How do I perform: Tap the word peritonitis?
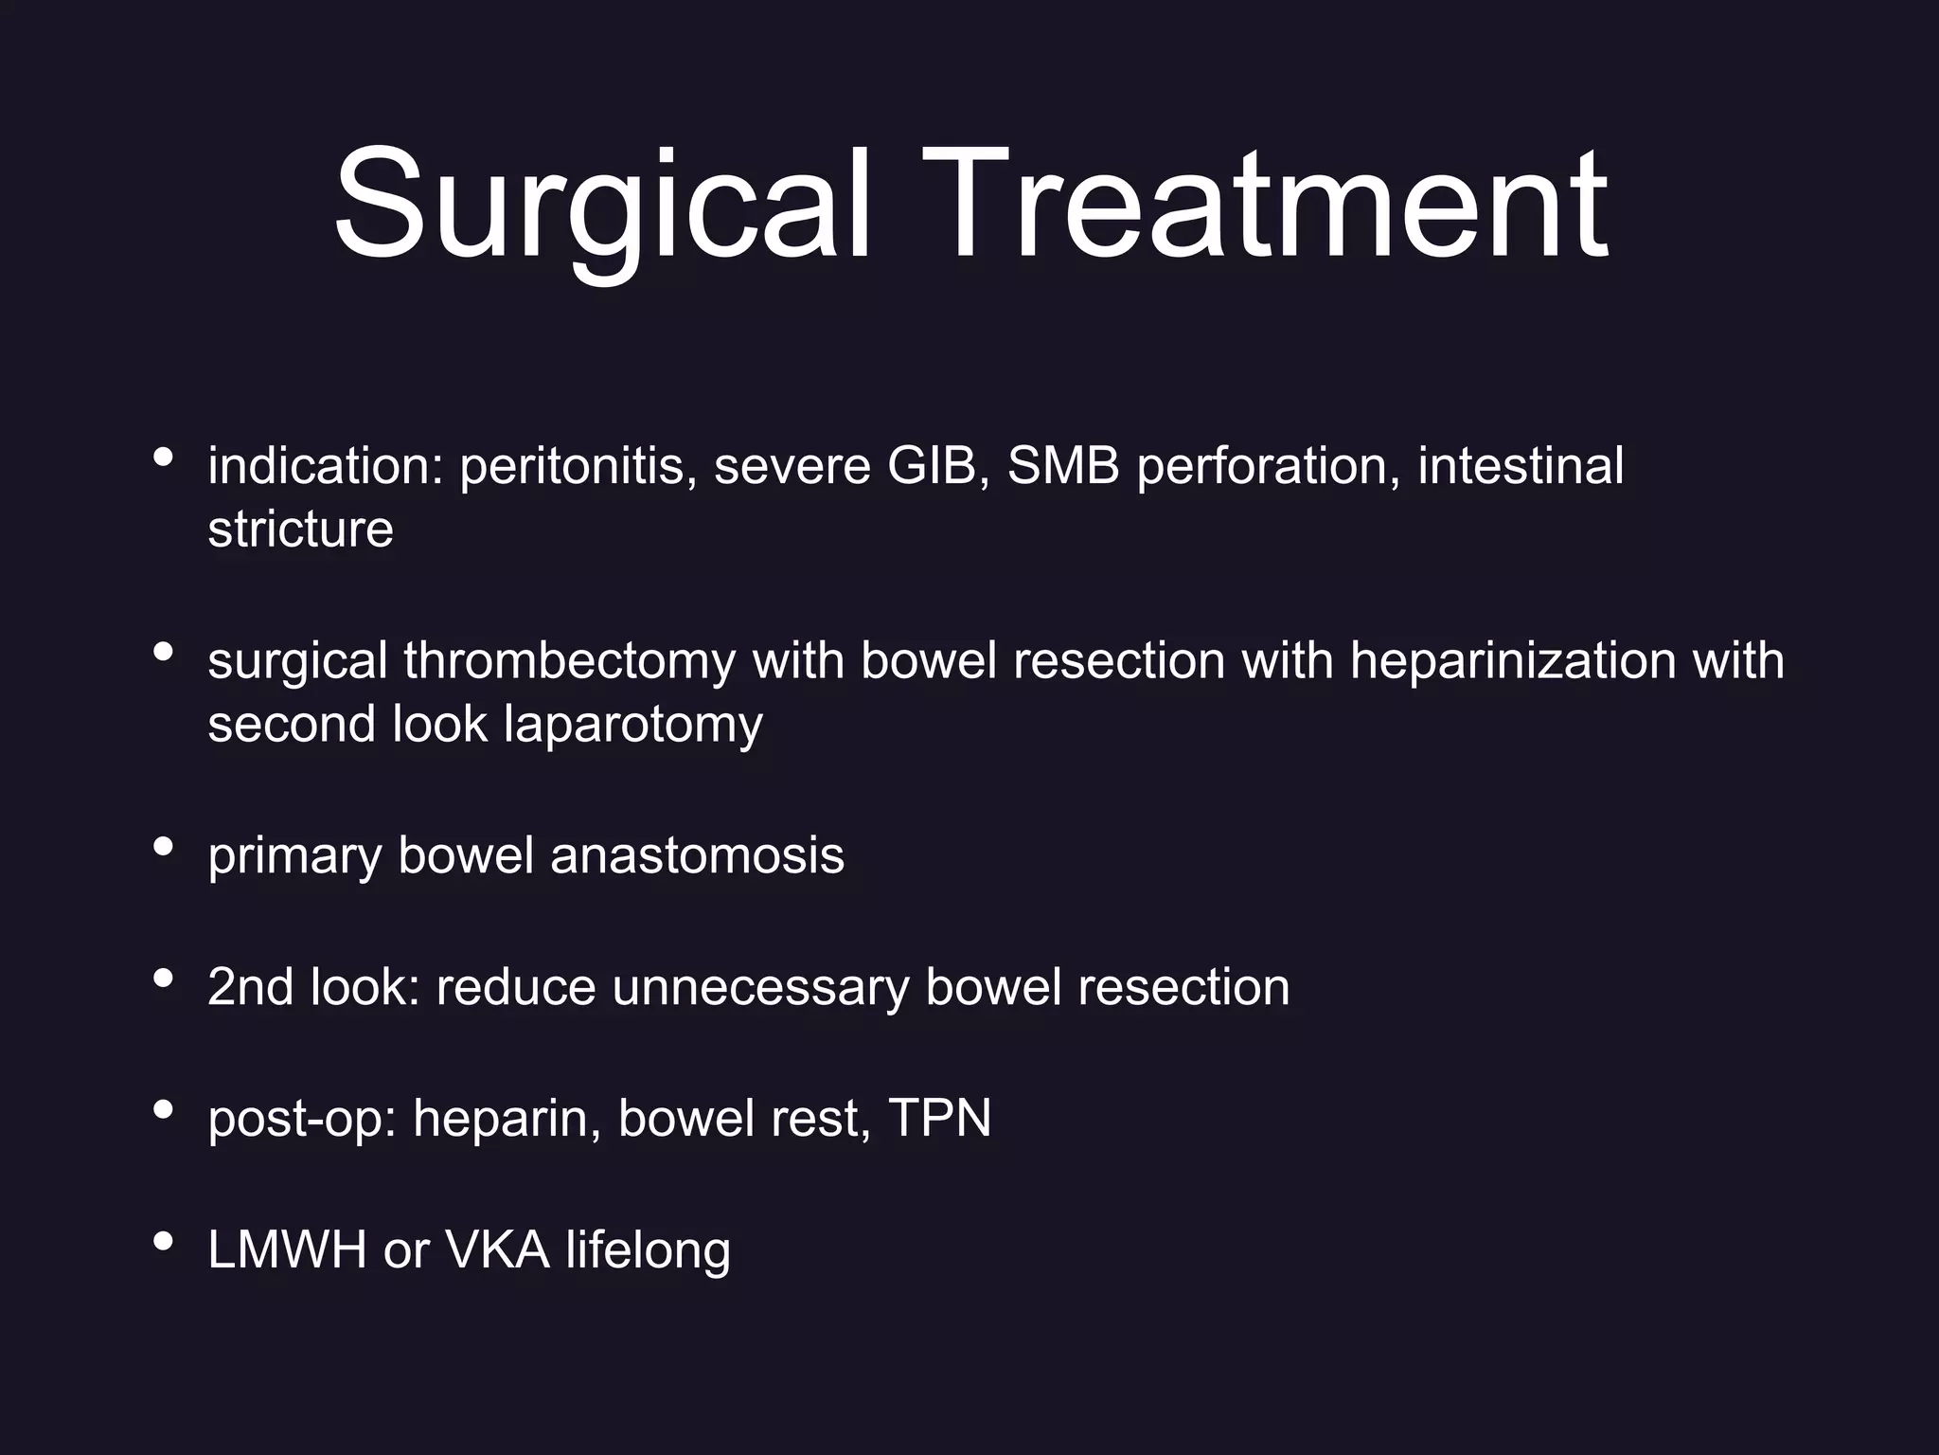click(x=572, y=466)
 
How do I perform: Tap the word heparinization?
click(x=1513, y=660)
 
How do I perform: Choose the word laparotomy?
click(x=632, y=726)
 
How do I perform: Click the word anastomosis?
click(x=697, y=855)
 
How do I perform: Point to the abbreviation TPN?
click(x=939, y=1118)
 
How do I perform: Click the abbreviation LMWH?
click(x=287, y=1249)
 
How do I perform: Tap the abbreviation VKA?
click(x=497, y=1249)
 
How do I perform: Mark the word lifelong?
click(x=649, y=1250)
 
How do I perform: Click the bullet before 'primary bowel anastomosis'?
click(x=163, y=846)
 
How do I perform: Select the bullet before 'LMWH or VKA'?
click(x=163, y=1240)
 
